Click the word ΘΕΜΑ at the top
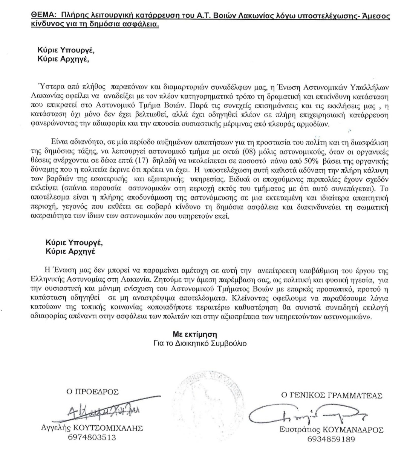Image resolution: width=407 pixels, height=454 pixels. (40, 16)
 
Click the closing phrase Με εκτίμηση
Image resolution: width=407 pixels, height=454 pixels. (195, 334)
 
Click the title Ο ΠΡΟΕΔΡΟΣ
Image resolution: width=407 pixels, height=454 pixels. (92, 392)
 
